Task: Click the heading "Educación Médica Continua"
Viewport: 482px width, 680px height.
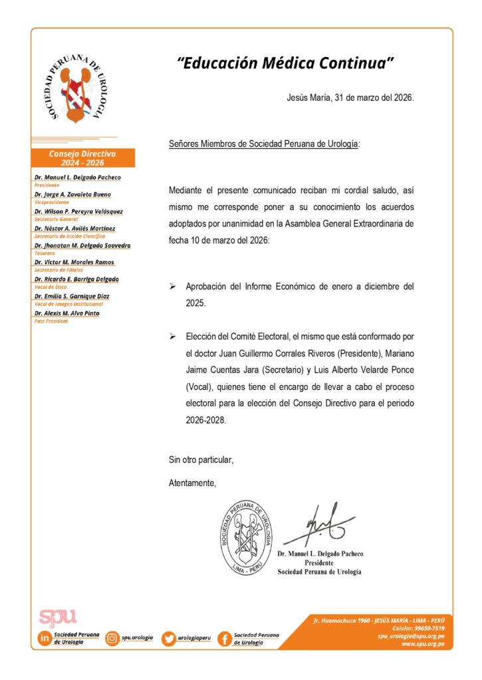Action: [x=287, y=63]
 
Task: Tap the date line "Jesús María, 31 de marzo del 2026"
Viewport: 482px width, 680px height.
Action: [x=350, y=98]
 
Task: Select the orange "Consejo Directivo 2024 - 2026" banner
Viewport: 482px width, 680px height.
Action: [x=82, y=158]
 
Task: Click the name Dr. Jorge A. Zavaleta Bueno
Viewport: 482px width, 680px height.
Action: [x=73, y=195]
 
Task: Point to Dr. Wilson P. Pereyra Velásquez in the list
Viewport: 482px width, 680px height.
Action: [x=78, y=211]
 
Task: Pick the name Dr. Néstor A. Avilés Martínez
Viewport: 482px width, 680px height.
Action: [x=74, y=228]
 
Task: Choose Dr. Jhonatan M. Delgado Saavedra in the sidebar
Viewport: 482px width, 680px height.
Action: [x=82, y=245]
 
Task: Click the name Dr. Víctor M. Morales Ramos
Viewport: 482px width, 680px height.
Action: [x=74, y=262]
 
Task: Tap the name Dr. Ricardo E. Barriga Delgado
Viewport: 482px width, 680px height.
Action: [x=76, y=279]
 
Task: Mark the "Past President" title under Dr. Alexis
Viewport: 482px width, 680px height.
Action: [x=51, y=321]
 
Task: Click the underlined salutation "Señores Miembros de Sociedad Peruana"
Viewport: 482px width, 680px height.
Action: [x=263, y=143]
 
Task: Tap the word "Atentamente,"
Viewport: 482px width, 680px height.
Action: [x=193, y=482]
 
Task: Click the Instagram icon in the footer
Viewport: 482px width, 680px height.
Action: [x=112, y=638]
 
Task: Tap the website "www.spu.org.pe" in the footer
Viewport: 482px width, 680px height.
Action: [x=423, y=643]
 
